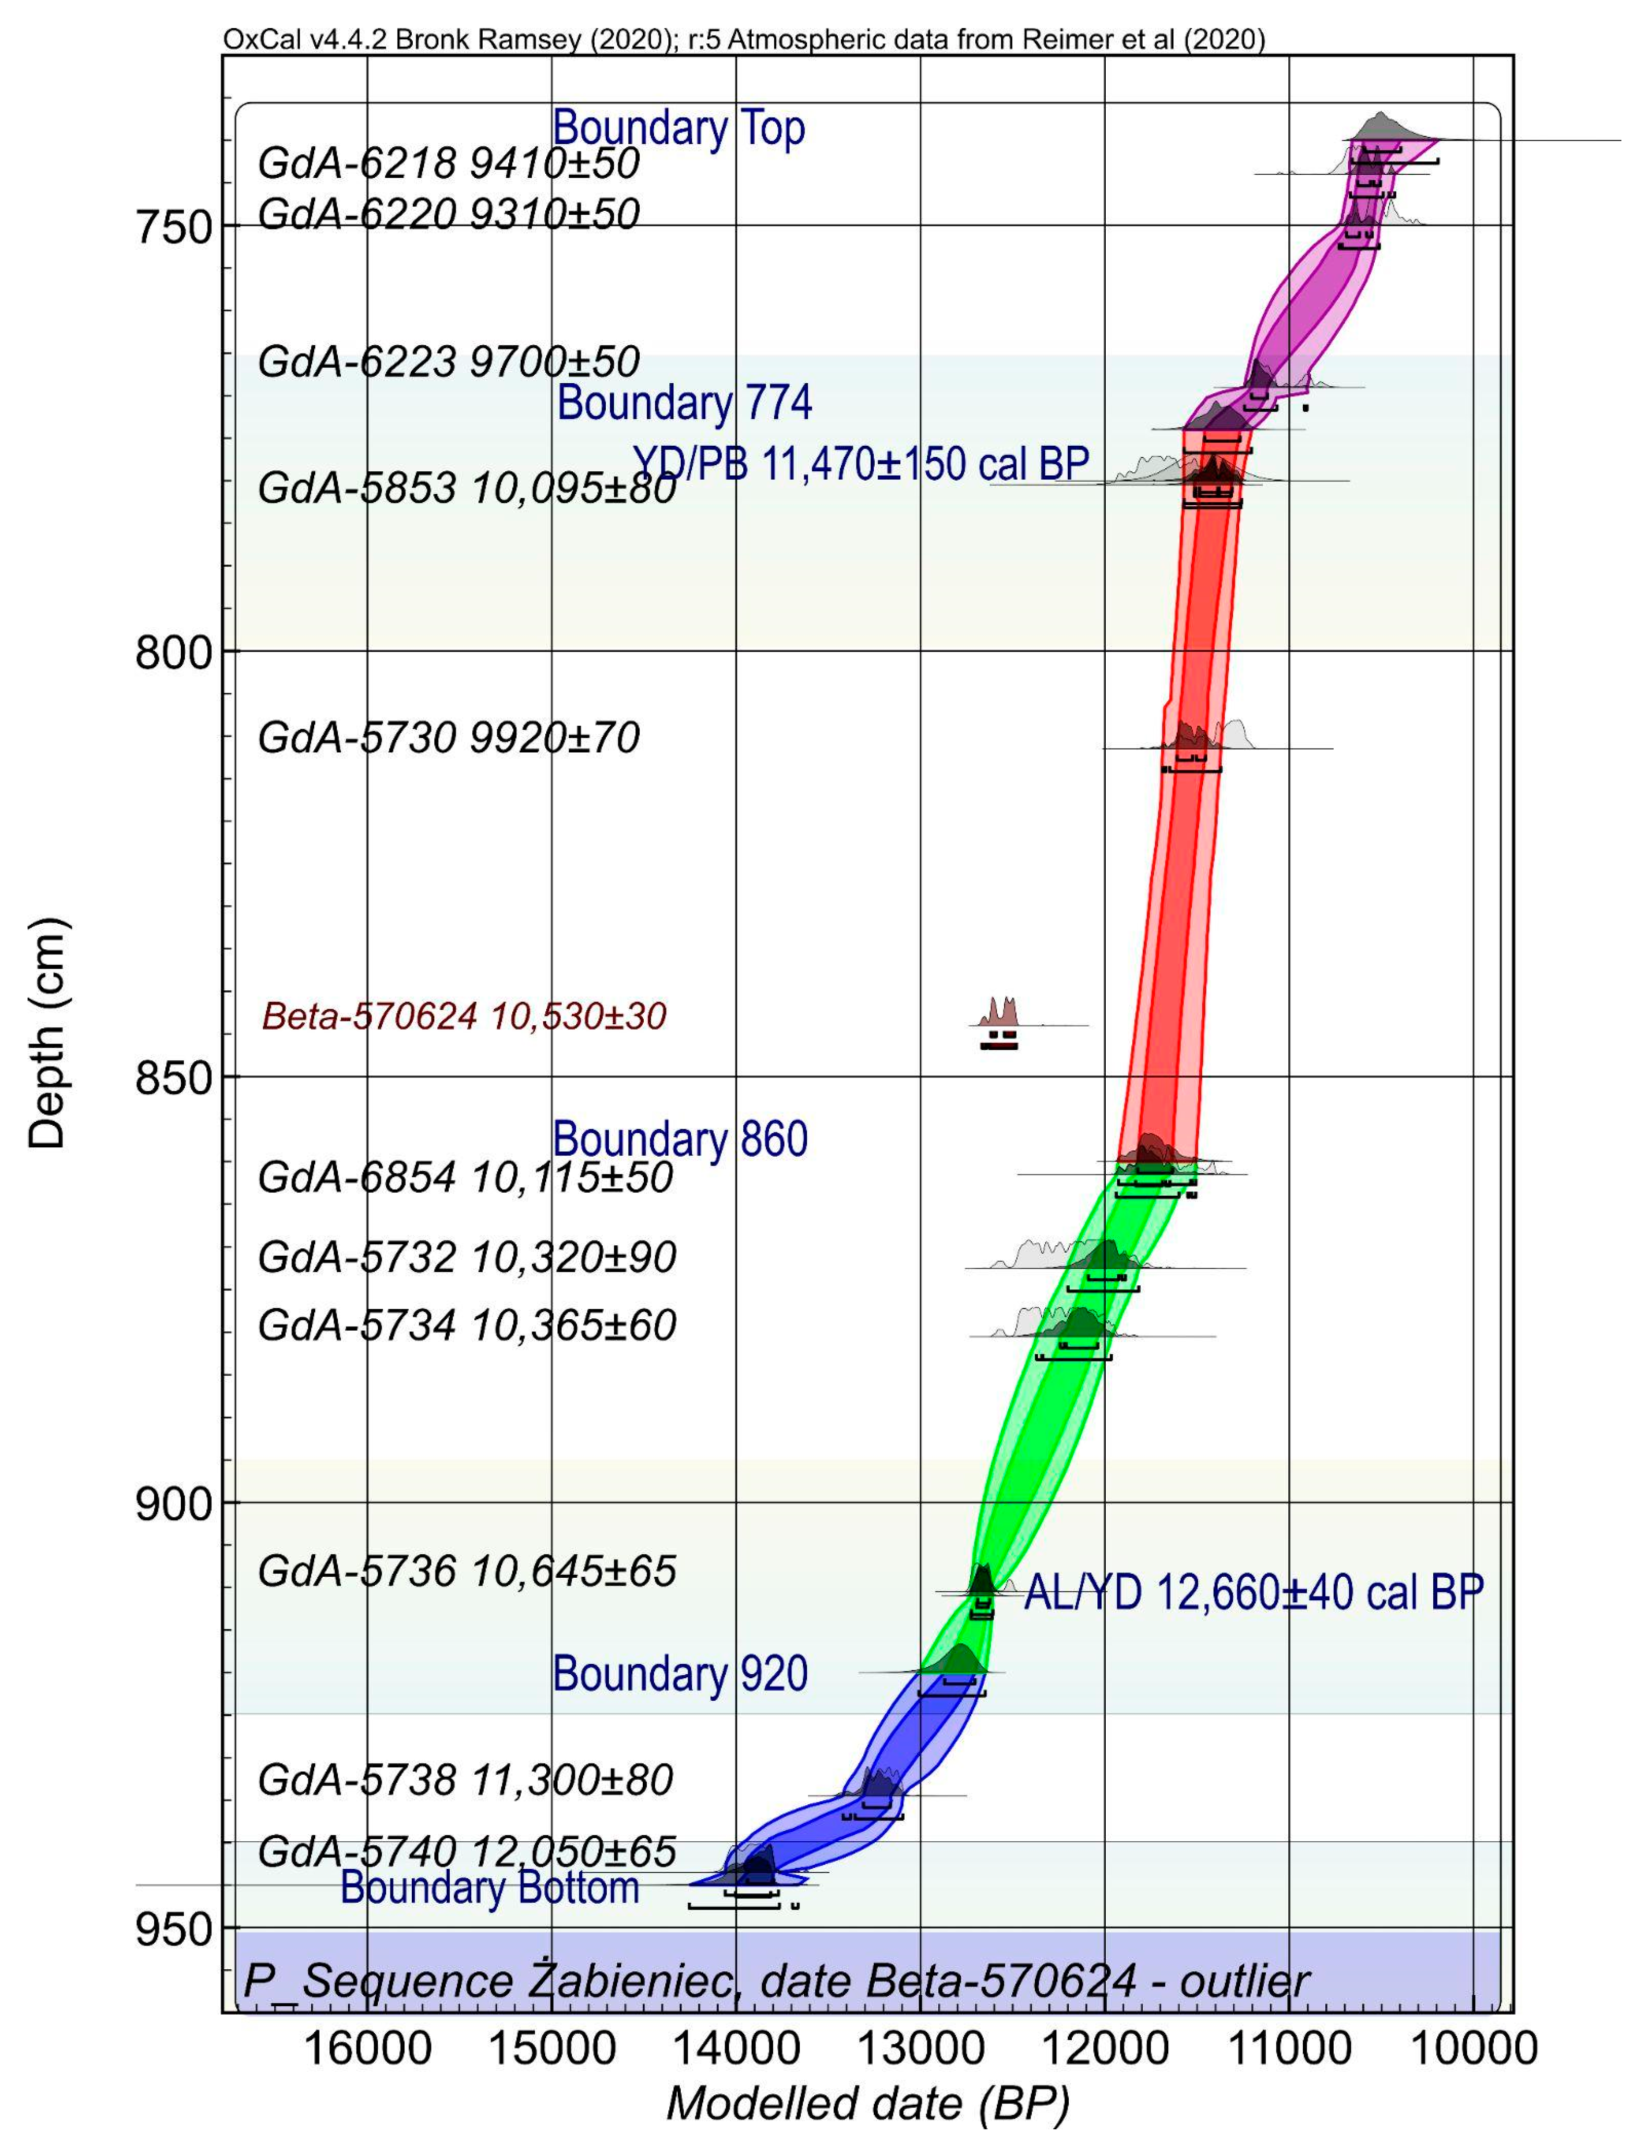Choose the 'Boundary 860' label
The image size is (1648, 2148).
tap(680, 1139)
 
